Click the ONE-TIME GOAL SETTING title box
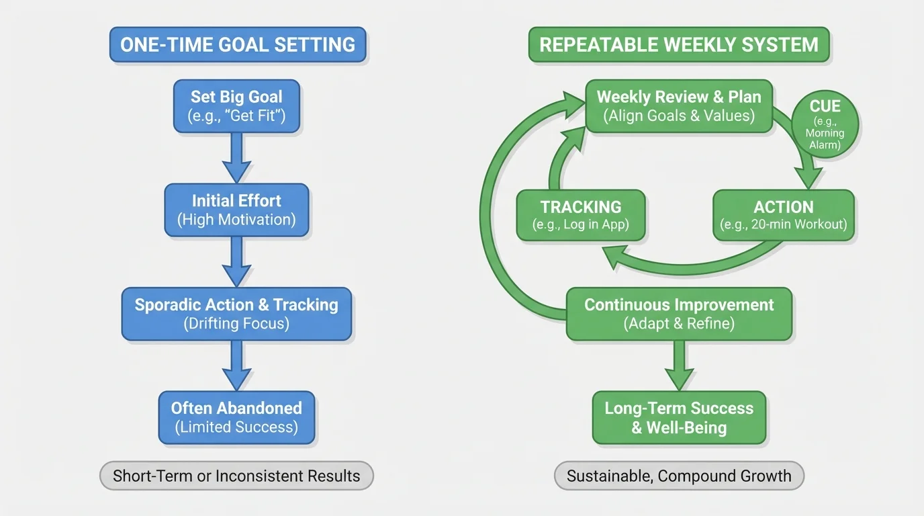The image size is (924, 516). click(x=238, y=45)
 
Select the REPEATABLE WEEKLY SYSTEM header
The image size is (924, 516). click(x=679, y=45)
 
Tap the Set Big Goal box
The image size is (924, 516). click(x=236, y=105)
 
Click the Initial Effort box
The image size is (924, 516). click(x=236, y=210)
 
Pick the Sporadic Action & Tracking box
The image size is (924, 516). click(x=236, y=314)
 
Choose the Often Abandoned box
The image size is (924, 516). click(x=236, y=417)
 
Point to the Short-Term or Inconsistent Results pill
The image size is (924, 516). click(x=236, y=476)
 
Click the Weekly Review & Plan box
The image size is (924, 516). click(x=679, y=105)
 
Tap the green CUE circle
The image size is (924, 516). click(x=825, y=124)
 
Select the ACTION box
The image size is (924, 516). click(x=783, y=215)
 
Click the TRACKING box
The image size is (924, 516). click(x=581, y=215)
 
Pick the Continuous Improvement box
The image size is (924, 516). click(x=679, y=314)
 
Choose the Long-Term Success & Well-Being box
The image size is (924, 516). click(x=679, y=417)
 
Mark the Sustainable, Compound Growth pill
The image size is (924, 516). click(x=679, y=476)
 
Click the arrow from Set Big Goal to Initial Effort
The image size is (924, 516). click(x=236, y=157)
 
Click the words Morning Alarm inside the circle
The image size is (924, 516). click(x=825, y=139)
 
